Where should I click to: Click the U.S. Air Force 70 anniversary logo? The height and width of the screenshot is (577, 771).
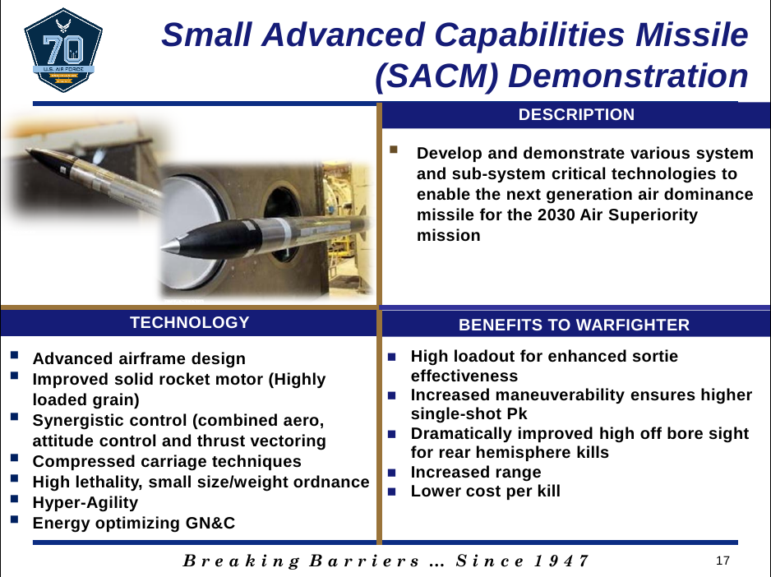click(63, 50)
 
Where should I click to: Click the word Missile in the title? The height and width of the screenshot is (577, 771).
click(692, 35)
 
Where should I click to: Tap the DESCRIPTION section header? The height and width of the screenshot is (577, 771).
click(576, 114)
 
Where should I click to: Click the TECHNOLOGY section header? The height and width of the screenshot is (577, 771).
click(189, 322)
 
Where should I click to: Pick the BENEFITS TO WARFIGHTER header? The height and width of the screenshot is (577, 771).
click(574, 325)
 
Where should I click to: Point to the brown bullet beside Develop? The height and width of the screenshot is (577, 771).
click(394, 150)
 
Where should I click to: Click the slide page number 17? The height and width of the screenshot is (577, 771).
click(723, 561)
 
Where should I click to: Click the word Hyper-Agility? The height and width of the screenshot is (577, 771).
click(85, 502)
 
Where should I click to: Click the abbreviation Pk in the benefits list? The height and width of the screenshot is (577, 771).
click(517, 413)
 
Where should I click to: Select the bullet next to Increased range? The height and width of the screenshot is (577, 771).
click(392, 473)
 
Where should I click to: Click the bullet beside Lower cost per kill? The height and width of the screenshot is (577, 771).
click(392, 492)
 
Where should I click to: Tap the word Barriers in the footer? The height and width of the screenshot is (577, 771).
click(364, 561)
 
